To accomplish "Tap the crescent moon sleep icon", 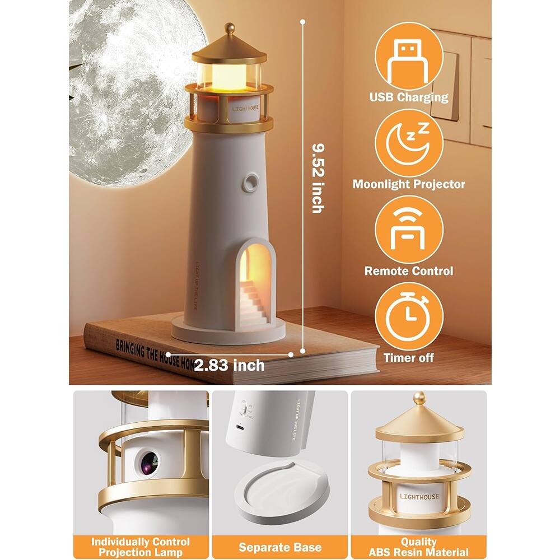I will [x=408, y=143].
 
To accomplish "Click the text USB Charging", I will [x=408, y=97].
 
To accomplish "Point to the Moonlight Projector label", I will [x=408, y=184].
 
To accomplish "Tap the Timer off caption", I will [x=408, y=358].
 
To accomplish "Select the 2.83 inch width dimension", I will [x=230, y=366].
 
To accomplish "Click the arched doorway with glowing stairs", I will [x=253, y=286].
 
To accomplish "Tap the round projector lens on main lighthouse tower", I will [x=250, y=182].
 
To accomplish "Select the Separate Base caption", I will [x=281, y=547].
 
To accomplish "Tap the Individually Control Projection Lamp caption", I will [x=140, y=547].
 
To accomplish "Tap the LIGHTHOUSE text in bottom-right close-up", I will [x=419, y=497].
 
